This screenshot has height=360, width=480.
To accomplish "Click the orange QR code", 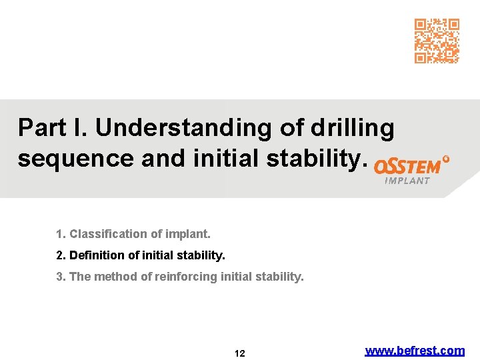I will [437, 41].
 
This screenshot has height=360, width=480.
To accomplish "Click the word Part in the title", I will [41, 127].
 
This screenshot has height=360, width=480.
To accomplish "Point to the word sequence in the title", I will [71, 159].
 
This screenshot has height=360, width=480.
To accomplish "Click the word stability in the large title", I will [323, 158].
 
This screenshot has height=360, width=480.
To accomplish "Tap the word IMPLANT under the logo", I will [407, 181].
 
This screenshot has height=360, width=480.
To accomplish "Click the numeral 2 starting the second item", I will [59, 255].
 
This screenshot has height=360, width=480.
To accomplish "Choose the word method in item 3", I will [114, 276].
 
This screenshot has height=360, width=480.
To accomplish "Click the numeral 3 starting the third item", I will [59, 276].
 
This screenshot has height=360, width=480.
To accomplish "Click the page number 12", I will [240, 353].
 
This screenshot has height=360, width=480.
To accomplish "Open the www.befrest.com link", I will [415, 350].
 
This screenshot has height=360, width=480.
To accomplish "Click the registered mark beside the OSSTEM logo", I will [446, 160].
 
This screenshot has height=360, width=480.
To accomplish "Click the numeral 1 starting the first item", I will [59, 234].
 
